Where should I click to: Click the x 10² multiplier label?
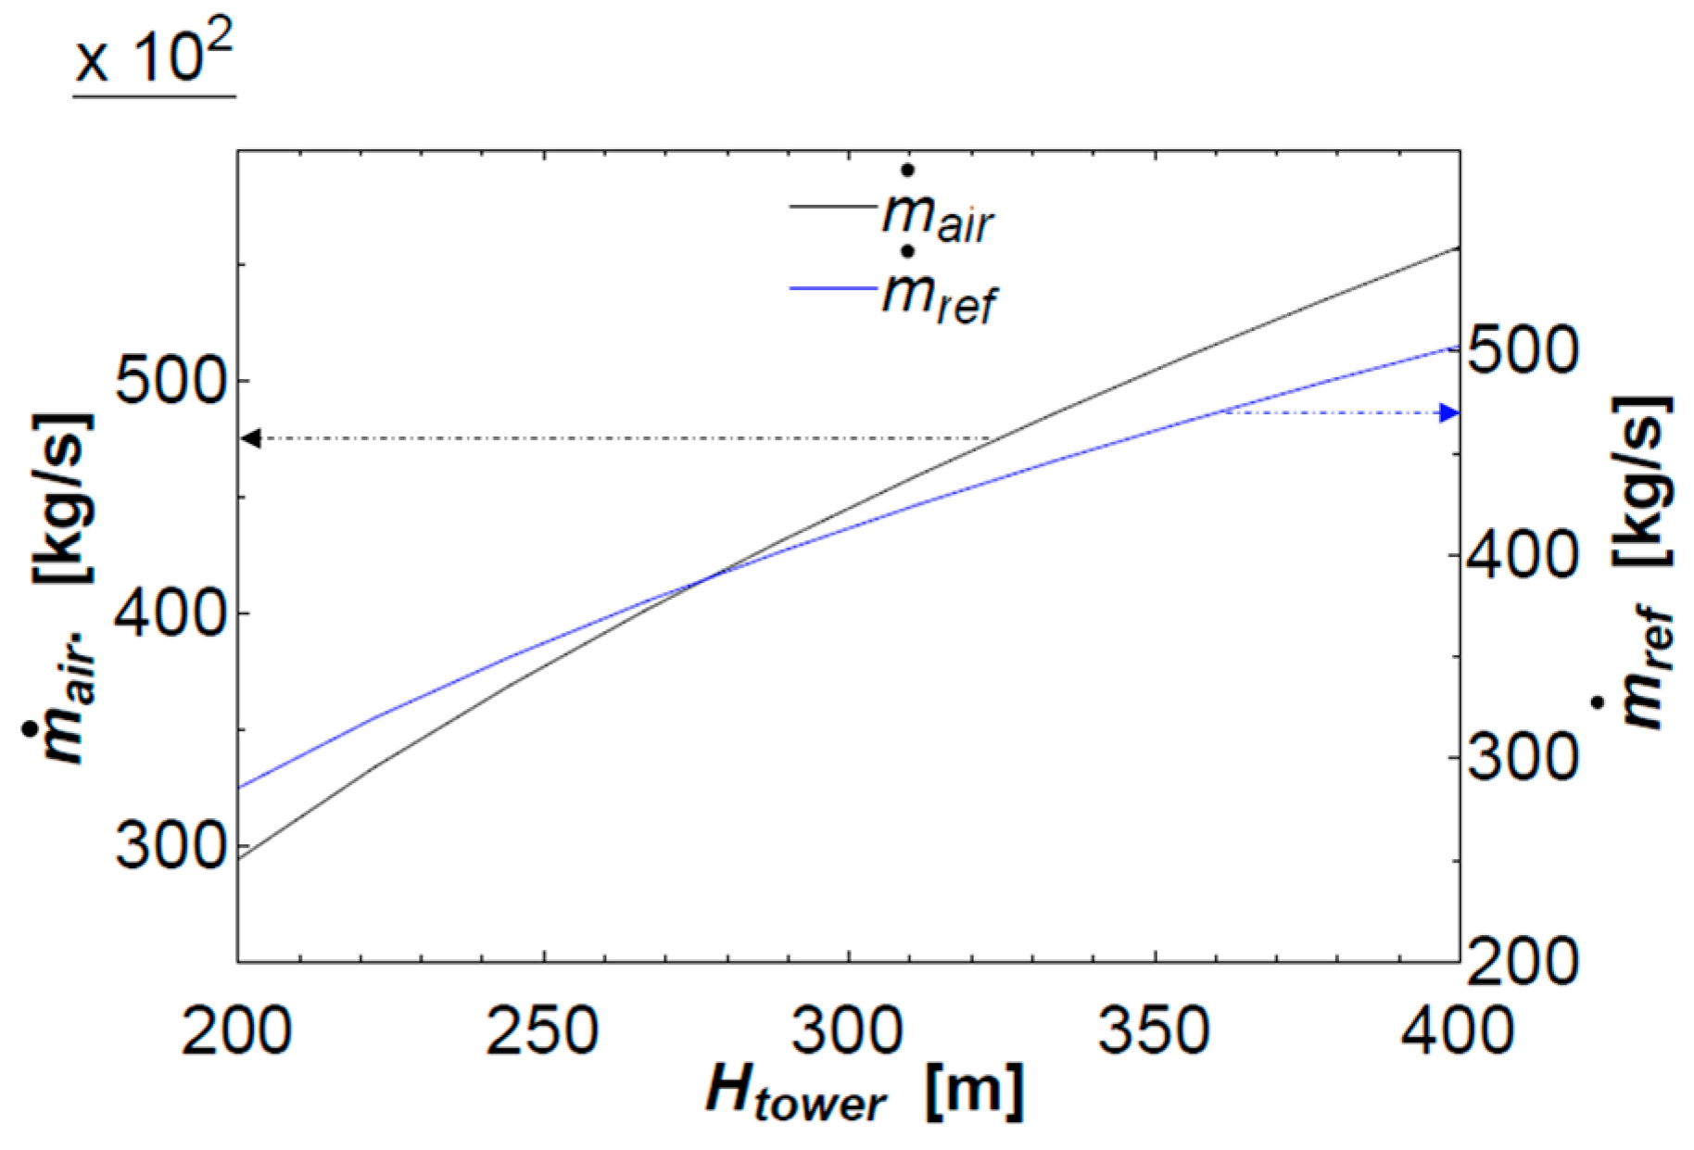(x=154, y=57)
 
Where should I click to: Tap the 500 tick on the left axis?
(x=171, y=380)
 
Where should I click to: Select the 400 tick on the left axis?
(x=171, y=613)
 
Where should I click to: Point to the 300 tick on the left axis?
(x=171, y=845)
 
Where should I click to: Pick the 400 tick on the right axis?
(x=1523, y=554)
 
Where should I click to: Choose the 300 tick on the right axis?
(x=1523, y=757)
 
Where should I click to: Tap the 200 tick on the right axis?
(x=1523, y=960)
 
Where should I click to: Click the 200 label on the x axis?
(x=237, y=1030)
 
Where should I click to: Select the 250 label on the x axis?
(x=543, y=1030)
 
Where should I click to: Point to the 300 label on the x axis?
(x=849, y=1030)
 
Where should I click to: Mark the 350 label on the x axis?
(x=1155, y=1030)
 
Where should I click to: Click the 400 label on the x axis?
(x=1457, y=1030)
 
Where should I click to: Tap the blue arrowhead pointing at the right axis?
(x=1448, y=413)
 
